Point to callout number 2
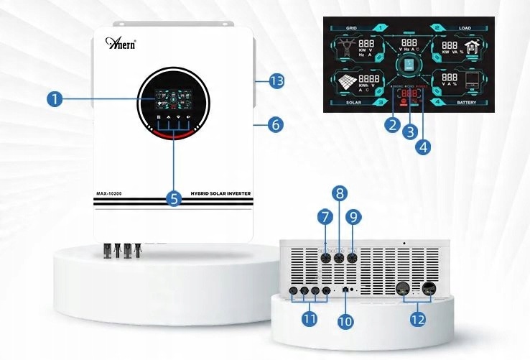click(391, 124)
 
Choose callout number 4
click(424, 147)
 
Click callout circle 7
click(326, 216)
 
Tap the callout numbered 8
click(340, 192)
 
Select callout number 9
click(354, 216)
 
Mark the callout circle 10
click(345, 320)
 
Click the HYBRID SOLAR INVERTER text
click(218, 193)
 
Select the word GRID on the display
click(352, 28)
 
